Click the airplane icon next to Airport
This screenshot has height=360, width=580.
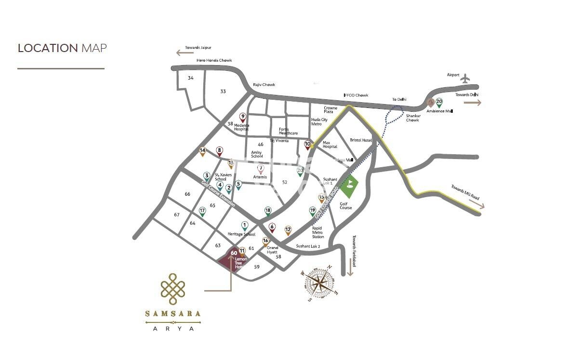465,78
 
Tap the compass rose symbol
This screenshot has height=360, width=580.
319,283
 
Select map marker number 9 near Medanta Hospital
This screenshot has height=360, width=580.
243,117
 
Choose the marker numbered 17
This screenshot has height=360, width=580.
202,211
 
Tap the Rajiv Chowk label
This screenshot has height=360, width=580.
264,85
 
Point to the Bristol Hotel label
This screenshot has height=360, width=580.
361,140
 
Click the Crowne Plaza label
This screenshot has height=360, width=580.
330,110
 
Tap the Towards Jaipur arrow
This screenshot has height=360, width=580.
182,53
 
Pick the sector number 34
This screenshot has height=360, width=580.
191,78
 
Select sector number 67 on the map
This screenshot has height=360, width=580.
176,214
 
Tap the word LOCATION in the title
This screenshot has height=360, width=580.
48,48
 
